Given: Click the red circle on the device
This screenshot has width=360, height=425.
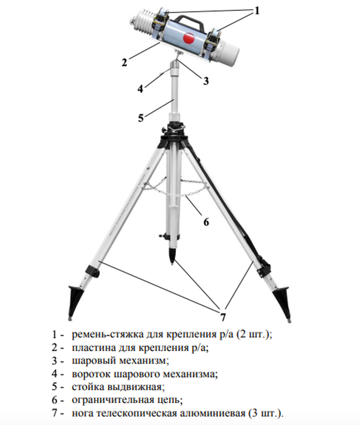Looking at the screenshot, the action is click(x=189, y=39).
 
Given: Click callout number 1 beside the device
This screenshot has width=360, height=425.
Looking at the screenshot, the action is click(x=257, y=10).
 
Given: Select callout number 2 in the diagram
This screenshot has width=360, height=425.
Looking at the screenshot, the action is click(x=124, y=62).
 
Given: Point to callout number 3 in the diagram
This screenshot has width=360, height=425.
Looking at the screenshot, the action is click(x=206, y=81).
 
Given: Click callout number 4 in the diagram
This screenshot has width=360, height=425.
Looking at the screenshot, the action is click(x=140, y=88).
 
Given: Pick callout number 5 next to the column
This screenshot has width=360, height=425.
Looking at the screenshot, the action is click(x=141, y=118).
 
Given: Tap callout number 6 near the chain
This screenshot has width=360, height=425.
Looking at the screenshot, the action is click(x=206, y=222).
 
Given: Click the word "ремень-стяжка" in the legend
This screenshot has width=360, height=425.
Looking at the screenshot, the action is click(x=107, y=334).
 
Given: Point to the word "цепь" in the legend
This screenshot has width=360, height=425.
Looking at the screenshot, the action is click(x=170, y=400).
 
